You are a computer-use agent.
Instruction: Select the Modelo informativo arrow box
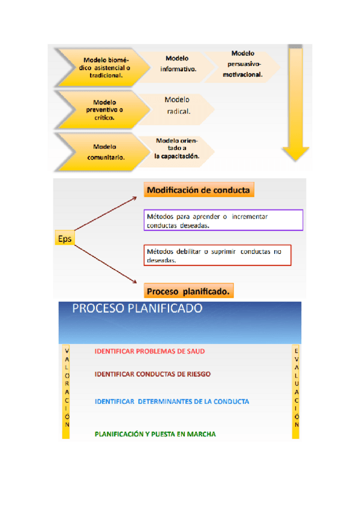pyautogui.click(x=178, y=64)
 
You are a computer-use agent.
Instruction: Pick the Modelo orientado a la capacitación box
pyautogui.click(x=176, y=148)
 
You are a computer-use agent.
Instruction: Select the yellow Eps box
pyautogui.click(x=64, y=239)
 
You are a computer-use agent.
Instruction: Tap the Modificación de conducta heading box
pyautogui.click(x=198, y=190)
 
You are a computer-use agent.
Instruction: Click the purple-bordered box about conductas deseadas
pyautogui.click(x=223, y=220)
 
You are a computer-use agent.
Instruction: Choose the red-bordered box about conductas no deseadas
pyautogui.click(x=217, y=256)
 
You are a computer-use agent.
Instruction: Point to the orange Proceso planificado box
pyautogui.click(x=188, y=292)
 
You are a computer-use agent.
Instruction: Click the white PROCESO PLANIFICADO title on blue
pyautogui.click(x=137, y=309)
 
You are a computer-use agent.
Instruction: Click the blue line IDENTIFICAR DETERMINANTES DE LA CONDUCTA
pyautogui.click(x=172, y=401)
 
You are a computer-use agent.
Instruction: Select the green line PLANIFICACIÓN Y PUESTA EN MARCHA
pyautogui.click(x=155, y=433)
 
